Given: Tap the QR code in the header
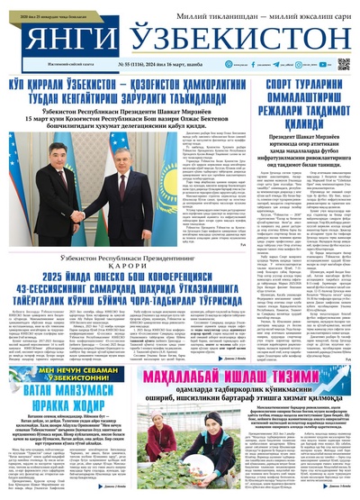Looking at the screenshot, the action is tap(343, 65).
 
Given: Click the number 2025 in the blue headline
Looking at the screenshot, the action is tap(54, 253).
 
